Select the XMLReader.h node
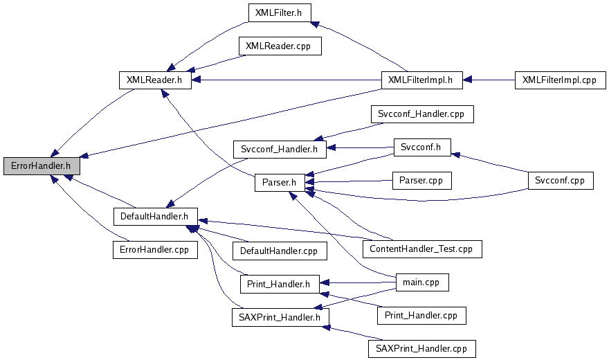pyautogui.click(x=154, y=80)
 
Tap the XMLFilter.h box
pyautogui.click(x=279, y=12)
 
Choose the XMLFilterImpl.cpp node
pyautogui.click(x=559, y=80)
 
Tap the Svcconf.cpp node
pyautogui.click(x=560, y=181)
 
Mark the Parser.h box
pyautogui.click(x=280, y=183)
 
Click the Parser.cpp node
pyautogui.click(x=421, y=181)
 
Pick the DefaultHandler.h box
pyautogui.click(x=154, y=216)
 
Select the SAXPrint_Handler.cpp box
pyautogui.click(x=421, y=349)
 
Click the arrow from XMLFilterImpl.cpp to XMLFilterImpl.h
pyautogui.click(x=487, y=80)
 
